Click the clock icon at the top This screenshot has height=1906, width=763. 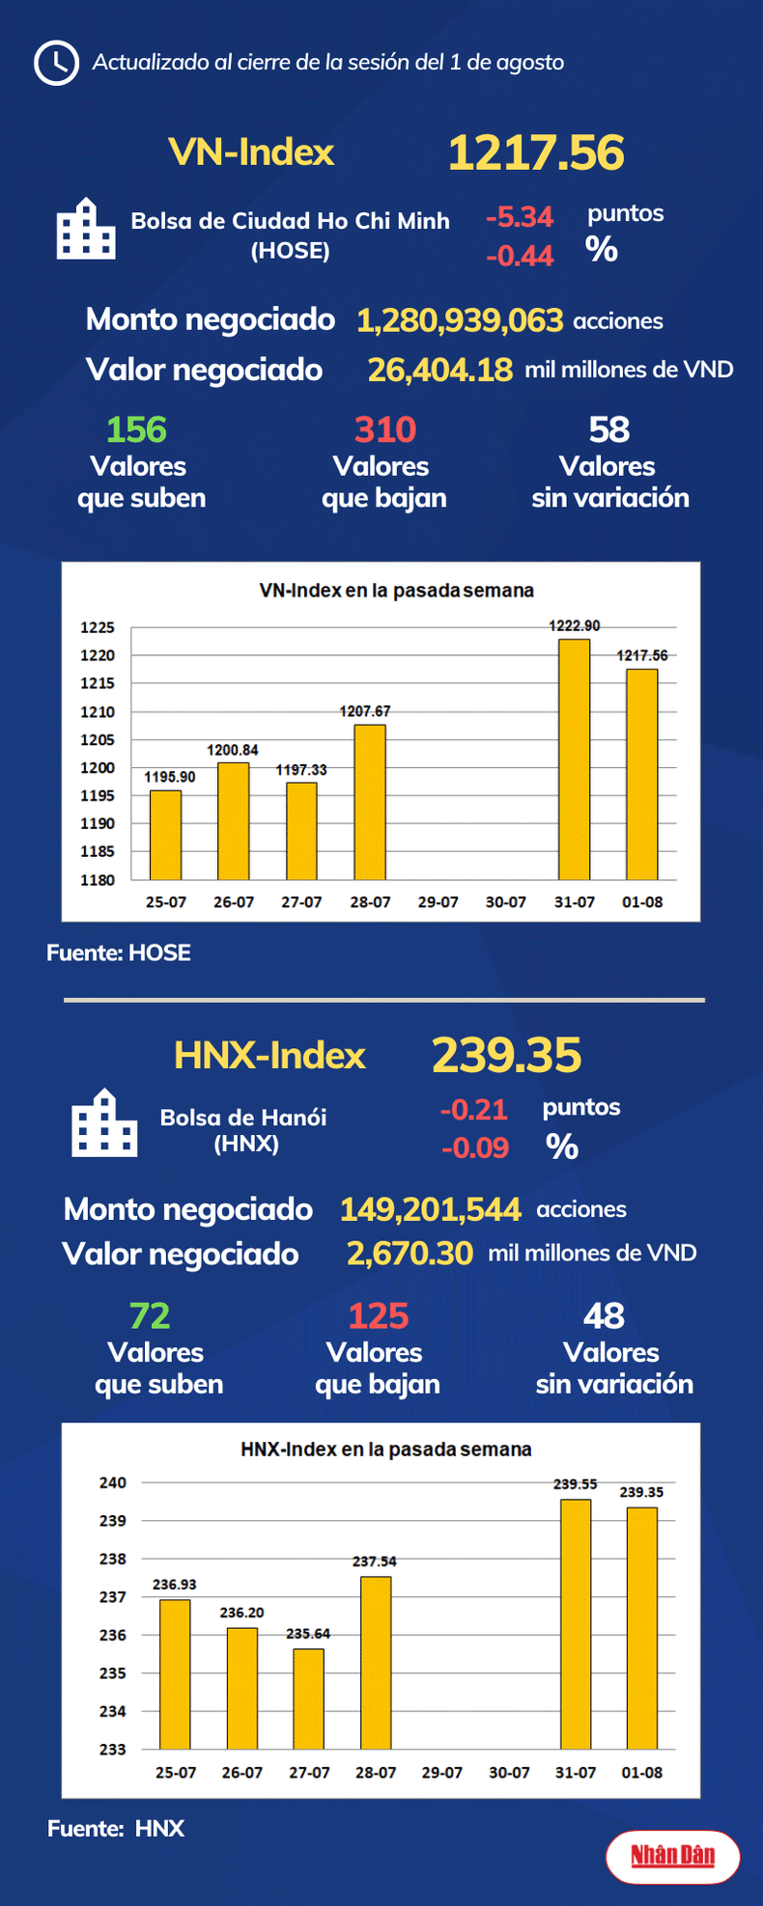pos(56,63)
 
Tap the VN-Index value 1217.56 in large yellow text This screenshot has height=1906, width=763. pos(536,152)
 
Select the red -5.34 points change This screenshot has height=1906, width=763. pos(519,217)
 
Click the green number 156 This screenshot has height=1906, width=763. pos(136,429)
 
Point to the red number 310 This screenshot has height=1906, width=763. pos(384,429)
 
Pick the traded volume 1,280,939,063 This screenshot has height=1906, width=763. pos(460,320)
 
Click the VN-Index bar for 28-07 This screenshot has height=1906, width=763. pos(370,802)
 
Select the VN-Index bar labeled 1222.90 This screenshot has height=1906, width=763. pos(574,759)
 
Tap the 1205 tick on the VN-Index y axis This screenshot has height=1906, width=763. pos(97,740)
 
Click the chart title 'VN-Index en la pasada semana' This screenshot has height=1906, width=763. pos(396,590)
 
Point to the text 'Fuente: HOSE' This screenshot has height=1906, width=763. pos(119,953)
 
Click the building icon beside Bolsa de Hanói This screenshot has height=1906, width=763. pos(104,1123)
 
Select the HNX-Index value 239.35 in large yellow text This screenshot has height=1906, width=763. pos(506,1055)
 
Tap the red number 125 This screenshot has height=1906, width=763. pos(378,1315)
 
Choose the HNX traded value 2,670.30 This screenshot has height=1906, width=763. pos(410,1254)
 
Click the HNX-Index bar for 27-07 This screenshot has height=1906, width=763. pos(309,1699)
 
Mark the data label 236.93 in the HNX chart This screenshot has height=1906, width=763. pos(174,1585)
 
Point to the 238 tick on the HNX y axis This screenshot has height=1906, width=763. pos(113,1559)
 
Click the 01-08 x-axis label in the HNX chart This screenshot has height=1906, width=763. pos(641,1773)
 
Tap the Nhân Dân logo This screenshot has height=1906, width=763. pos(672,1855)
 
